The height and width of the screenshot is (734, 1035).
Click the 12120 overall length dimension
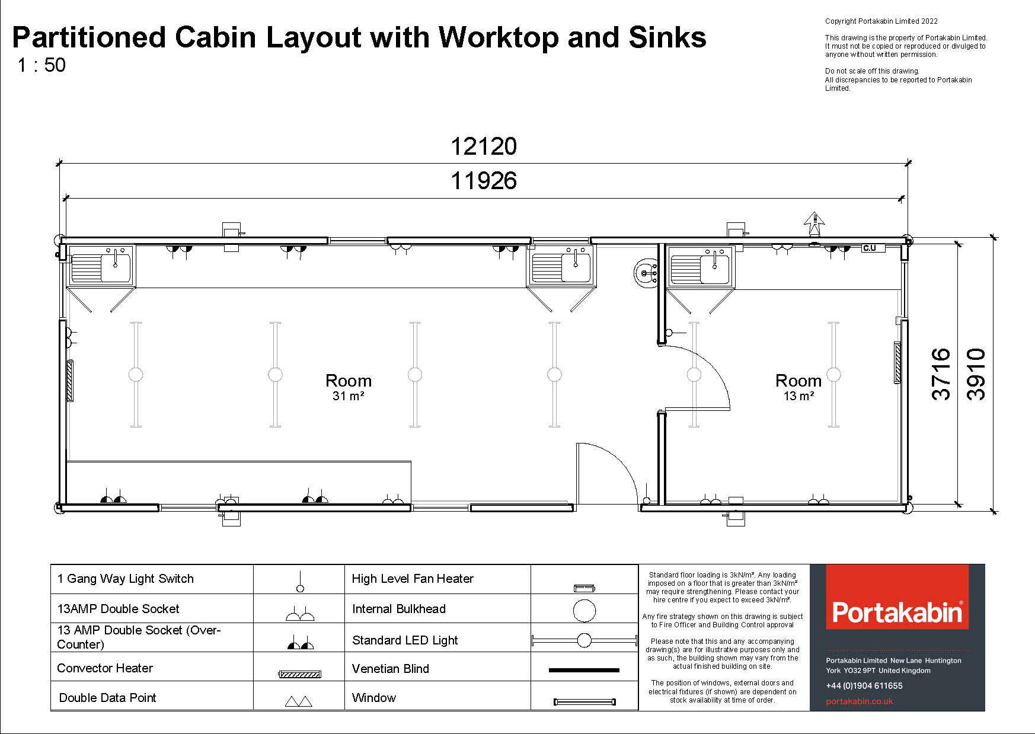[484, 146]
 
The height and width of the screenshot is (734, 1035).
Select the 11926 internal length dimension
[484, 181]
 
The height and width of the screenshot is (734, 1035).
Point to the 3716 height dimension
[941, 374]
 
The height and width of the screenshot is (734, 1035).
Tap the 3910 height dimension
[976, 374]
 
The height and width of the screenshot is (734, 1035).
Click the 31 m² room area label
[349, 395]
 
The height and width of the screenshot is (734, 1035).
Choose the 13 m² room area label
[798, 395]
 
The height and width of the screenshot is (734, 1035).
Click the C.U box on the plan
[873, 248]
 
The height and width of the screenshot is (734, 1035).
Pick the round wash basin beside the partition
[646, 273]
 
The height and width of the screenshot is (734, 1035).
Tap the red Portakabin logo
[897, 597]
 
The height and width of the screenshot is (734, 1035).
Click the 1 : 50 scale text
[41, 65]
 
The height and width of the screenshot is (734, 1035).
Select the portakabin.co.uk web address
[860, 701]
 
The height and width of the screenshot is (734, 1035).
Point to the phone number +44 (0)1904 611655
[864, 686]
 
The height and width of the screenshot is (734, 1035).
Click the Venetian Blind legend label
[391, 669]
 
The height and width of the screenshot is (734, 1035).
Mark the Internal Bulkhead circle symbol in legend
[584, 611]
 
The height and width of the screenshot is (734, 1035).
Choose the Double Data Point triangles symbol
[299, 702]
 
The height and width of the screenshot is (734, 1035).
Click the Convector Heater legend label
[105, 668]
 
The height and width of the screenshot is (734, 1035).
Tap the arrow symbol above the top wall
[814, 224]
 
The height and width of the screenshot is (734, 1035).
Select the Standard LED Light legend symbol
[584, 640]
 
